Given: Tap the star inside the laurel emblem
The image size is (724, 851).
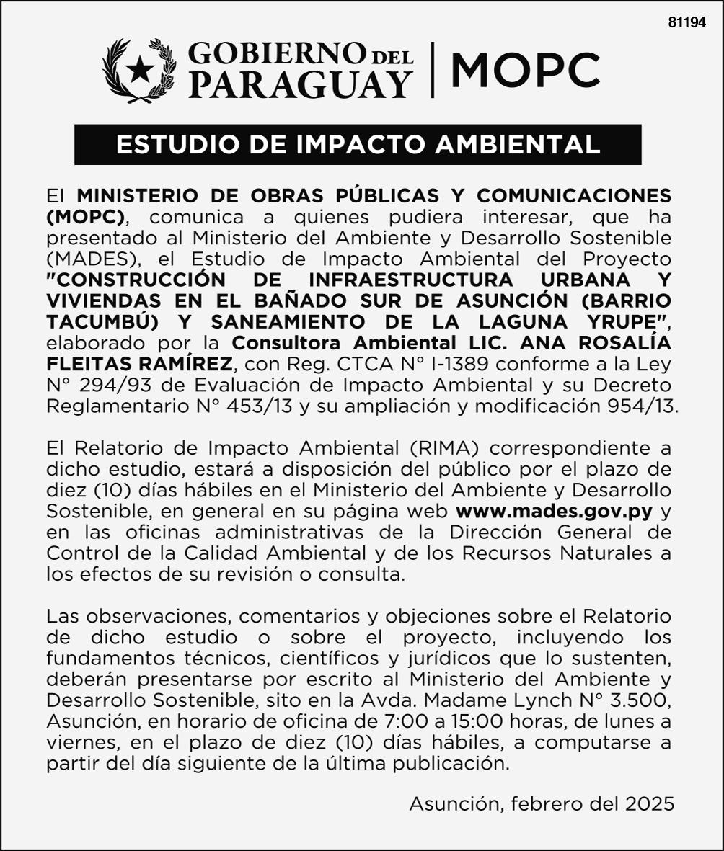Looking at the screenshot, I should pyautogui.click(x=140, y=71).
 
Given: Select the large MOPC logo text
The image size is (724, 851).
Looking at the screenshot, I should pyautogui.click(x=525, y=70).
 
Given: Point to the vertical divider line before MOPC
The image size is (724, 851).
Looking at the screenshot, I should pyautogui.click(x=433, y=70).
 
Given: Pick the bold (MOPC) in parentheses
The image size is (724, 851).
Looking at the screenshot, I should pyautogui.click(x=85, y=216).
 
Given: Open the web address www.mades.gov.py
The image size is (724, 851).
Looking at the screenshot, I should pyautogui.click(x=555, y=512).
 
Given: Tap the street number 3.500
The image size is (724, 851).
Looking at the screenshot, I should pyautogui.click(x=643, y=700).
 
